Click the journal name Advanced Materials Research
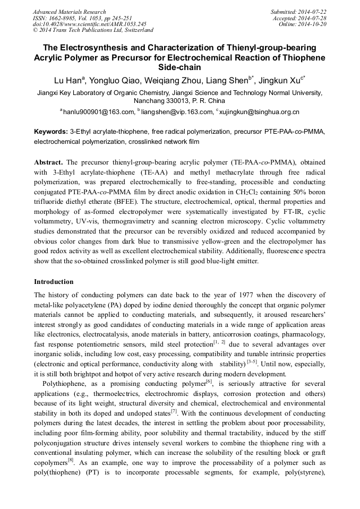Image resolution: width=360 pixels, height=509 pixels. click(x=69, y=12)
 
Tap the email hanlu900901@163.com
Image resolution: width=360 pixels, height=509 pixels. click(x=99, y=112)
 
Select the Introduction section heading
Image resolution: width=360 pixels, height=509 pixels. click(x=54, y=282)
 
